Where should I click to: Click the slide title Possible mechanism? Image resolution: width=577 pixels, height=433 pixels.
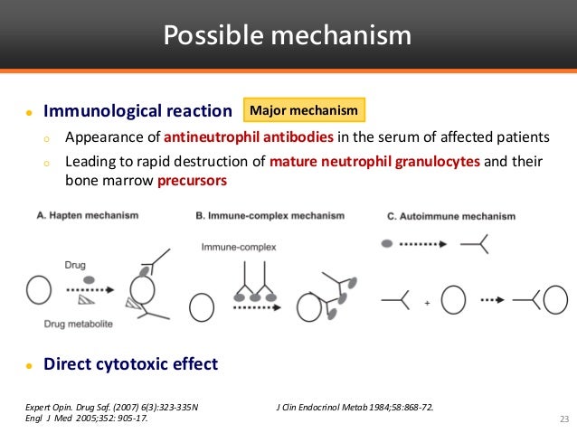[x=288, y=35]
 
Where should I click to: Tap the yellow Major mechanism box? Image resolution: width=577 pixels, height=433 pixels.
[x=305, y=110]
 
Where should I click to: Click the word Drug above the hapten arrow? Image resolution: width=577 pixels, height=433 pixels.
[x=76, y=266]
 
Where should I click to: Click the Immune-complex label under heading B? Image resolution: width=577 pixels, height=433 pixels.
[x=238, y=246]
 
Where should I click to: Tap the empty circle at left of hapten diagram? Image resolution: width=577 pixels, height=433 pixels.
[x=39, y=291]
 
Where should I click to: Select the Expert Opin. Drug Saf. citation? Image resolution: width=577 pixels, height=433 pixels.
[x=111, y=408]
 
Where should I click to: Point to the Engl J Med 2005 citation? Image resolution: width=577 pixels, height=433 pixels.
[x=86, y=419]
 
